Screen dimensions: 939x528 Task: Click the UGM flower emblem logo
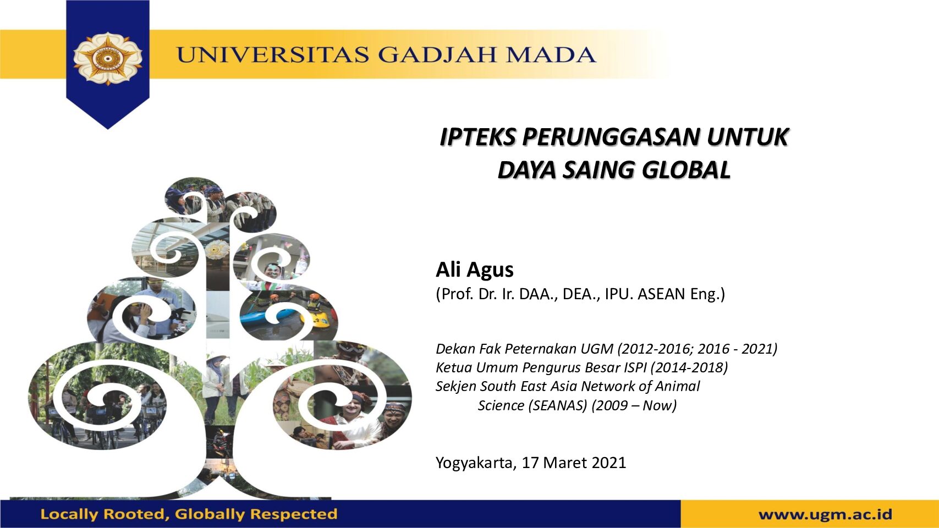tap(108, 59)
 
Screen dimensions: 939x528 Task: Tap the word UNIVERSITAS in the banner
tap(273, 55)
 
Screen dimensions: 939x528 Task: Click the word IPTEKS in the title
tap(477, 137)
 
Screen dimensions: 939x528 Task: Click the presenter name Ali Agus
tap(475, 269)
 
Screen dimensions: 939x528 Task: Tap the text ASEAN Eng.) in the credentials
tap(681, 294)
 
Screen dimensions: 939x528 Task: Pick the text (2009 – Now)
tap(634, 406)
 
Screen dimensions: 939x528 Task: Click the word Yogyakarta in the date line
tap(476, 463)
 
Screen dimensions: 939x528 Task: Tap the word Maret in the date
tap(565, 463)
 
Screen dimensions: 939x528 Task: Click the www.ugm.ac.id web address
tap(825, 514)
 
